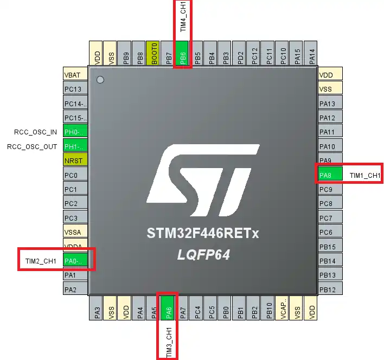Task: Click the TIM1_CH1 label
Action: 364,175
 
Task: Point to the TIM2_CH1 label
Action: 41,261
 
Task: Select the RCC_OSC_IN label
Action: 35,132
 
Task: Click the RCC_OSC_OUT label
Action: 32,146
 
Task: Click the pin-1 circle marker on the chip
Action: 100,80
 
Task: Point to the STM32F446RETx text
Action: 203,234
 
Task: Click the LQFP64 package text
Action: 203,254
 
